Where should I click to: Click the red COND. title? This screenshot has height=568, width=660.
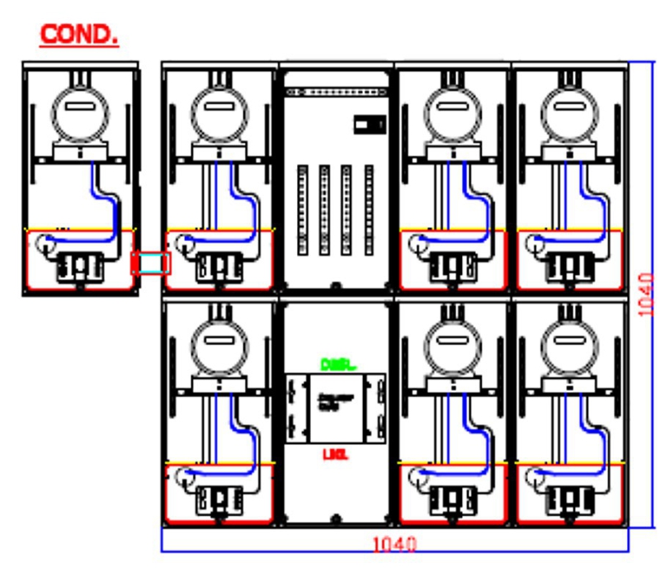79,35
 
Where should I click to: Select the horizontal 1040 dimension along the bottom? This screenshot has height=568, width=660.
394,545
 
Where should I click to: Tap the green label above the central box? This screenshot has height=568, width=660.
334,363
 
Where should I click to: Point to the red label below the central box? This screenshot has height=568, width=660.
334,454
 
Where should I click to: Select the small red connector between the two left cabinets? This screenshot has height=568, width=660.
151,263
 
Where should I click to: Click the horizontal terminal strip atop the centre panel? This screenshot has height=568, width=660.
335,92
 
